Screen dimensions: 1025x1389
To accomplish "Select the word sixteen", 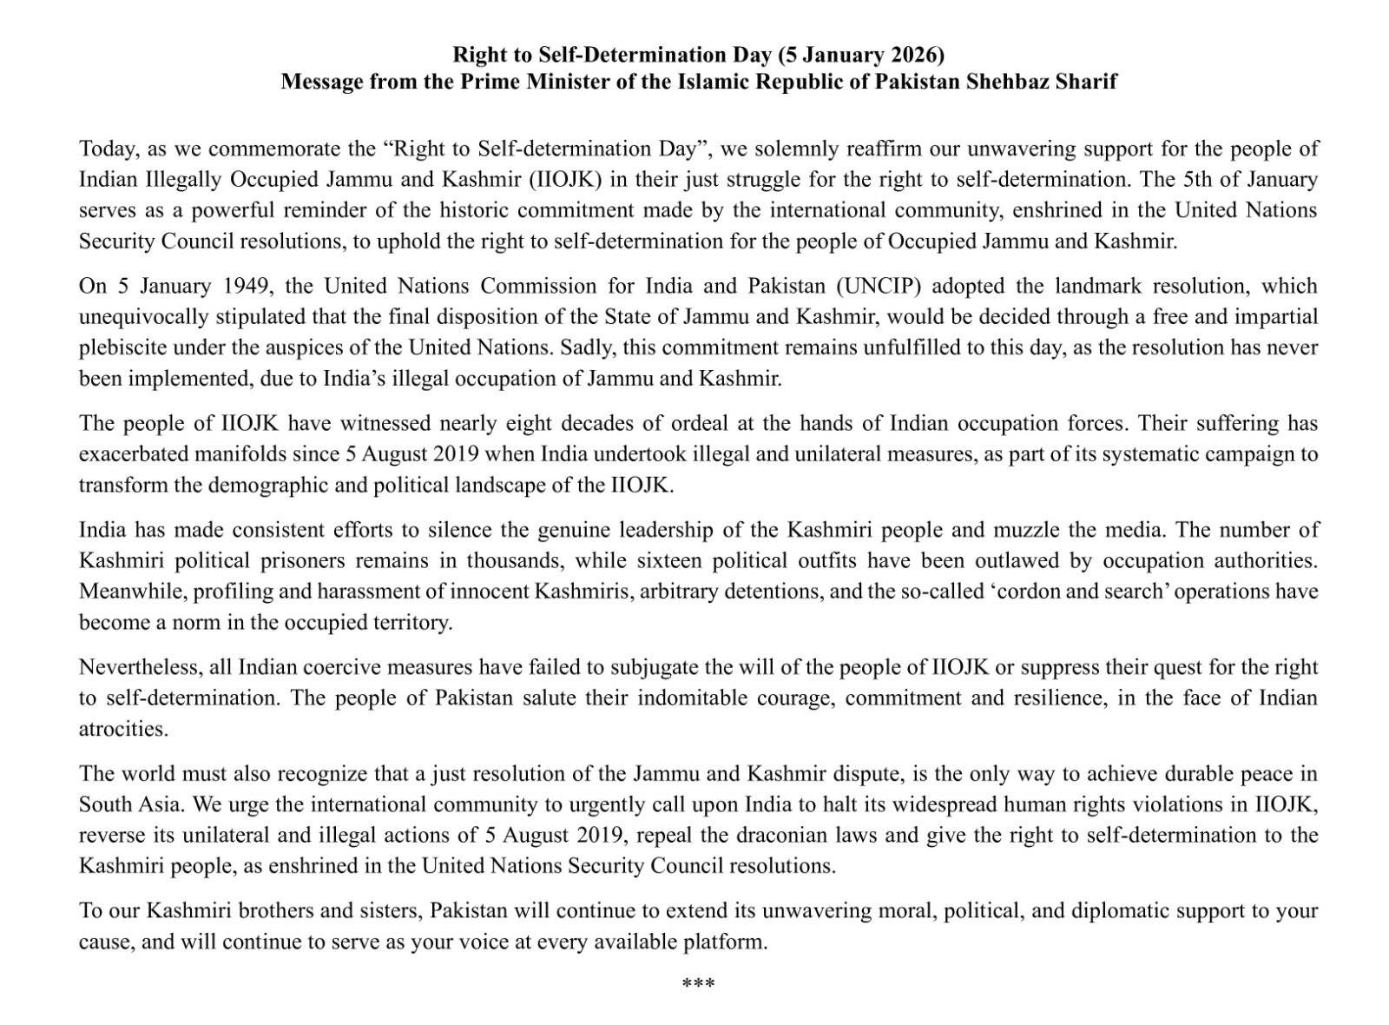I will coord(701,560).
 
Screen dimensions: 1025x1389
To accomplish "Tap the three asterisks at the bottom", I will coord(698,983).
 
